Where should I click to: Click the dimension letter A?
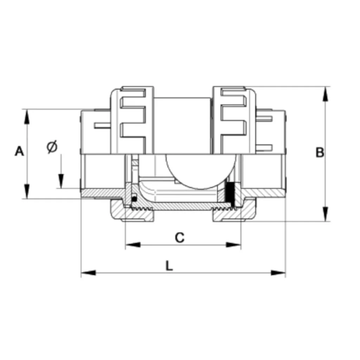[19, 151]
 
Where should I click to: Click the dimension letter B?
[320, 152]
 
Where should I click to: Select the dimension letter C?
[180, 238]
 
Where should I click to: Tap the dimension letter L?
[169, 266]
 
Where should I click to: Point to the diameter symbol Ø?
[52, 147]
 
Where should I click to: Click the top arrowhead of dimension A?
[27, 117]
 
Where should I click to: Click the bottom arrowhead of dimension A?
[27, 191]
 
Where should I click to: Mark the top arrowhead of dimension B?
[325, 94]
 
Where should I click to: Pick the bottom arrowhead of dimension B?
[325, 214]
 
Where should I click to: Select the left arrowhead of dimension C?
[133, 245]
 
